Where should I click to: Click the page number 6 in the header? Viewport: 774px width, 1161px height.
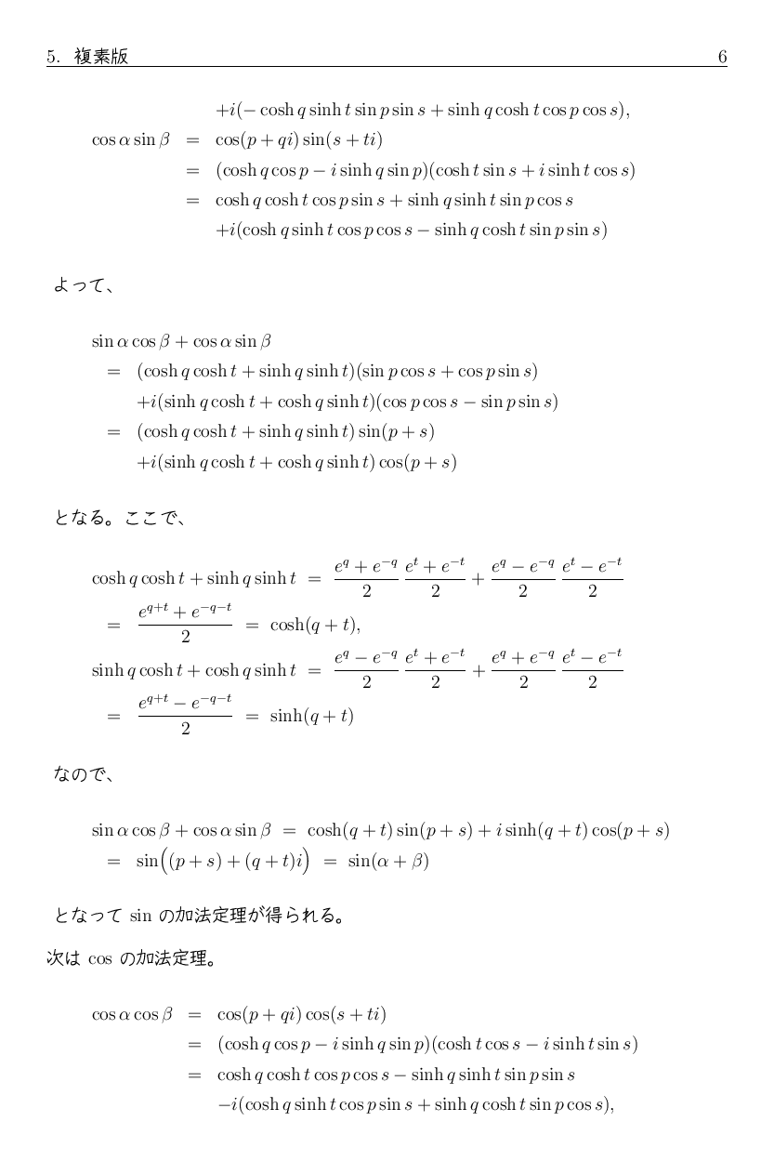coord(722,57)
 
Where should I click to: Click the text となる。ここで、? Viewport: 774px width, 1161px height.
coord(121,518)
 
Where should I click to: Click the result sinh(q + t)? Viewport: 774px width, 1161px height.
coord(311,716)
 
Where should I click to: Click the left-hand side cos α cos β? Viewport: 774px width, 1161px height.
coord(132,1014)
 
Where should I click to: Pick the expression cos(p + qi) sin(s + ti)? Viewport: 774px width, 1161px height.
coord(299,140)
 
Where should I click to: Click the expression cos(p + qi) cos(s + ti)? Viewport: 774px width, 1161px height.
coord(301,1014)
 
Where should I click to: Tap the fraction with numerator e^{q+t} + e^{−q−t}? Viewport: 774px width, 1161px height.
coord(185,624)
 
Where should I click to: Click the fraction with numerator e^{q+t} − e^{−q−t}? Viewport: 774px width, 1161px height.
coord(185,715)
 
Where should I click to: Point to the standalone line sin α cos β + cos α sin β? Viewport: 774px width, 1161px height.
coord(181,341)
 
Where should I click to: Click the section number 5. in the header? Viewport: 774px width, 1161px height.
coord(53,57)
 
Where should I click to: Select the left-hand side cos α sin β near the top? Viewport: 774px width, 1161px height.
coord(131,140)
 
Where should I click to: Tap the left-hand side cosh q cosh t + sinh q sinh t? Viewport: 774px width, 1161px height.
coord(193,578)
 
